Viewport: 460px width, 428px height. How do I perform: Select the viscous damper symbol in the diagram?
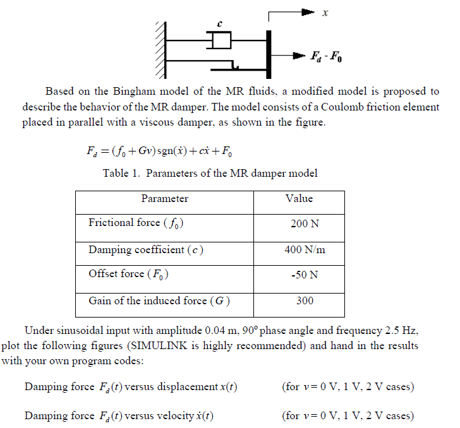pos(219,41)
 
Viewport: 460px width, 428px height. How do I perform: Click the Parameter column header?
pos(164,199)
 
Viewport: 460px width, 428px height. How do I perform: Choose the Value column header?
pos(299,199)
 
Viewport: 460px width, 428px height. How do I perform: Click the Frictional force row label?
pos(136,223)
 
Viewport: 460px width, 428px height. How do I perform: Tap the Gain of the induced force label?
pos(159,301)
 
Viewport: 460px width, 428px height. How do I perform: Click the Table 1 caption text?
pos(210,174)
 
